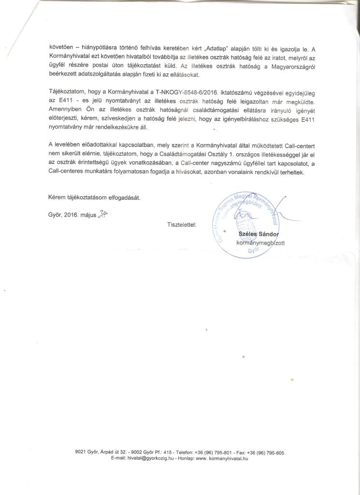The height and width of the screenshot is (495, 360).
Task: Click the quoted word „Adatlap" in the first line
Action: [218, 48]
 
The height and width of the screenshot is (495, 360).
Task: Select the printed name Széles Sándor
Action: [259, 234]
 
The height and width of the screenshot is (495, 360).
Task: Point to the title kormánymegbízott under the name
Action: [260, 243]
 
